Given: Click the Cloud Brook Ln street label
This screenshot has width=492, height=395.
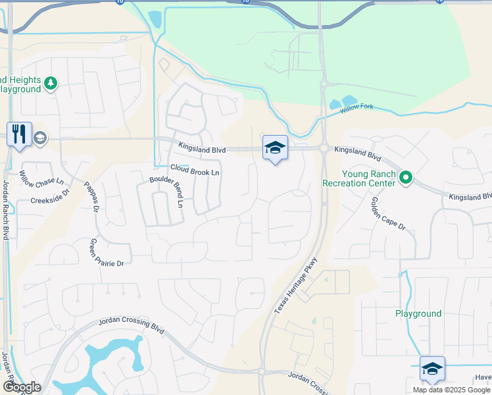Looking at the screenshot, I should pos(195,170).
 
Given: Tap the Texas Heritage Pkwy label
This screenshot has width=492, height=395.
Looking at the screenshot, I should pos(297,284).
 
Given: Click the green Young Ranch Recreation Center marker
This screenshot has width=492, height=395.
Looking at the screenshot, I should pos(406,176).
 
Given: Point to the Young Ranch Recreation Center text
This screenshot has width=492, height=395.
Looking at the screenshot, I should pos(358,178).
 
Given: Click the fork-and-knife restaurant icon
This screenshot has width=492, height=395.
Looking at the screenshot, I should pos(19,134).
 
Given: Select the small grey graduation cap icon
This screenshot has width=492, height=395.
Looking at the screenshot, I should pos(39,138).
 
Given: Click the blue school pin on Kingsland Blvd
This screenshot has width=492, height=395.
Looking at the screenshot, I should pos(275,149).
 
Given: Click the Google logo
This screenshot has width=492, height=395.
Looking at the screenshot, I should pos(22,387).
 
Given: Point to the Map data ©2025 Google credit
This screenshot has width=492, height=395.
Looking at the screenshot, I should pos(451,389).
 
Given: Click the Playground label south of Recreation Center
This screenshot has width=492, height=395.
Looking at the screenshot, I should pos(418,313).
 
